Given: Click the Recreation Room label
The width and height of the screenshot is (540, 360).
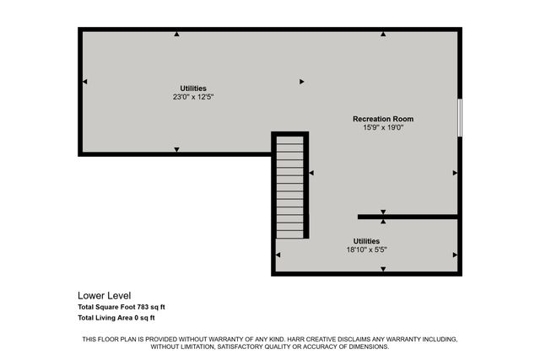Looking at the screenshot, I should [x=382, y=119].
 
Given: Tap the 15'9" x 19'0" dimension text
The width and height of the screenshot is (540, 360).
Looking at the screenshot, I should [x=382, y=128].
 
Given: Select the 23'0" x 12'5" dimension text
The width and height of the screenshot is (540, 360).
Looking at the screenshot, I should [x=192, y=97].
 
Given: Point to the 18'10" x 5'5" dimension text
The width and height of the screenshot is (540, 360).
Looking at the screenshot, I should [x=366, y=250].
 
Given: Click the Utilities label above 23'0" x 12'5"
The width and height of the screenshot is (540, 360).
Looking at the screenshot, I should [x=192, y=88].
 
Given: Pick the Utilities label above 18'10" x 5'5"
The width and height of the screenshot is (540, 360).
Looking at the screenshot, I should [x=366, y=240].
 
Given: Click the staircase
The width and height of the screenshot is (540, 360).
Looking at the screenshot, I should [x=289, y=187].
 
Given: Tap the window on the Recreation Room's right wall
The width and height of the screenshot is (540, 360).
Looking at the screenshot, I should [x=460, y=117].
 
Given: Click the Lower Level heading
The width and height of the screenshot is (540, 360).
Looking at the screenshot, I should [x=104, y=295].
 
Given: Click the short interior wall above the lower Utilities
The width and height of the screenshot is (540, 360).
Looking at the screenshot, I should [x=408, y=217].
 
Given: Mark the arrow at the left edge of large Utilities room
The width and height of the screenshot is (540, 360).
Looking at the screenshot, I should [x=84, y=82].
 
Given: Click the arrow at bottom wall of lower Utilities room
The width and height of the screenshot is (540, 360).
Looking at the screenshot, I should [x=383, y=270].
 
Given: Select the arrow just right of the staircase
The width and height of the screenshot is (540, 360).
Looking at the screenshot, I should [x=310, y=173].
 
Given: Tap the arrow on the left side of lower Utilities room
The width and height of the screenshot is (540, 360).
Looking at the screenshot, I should [x=278, y=255].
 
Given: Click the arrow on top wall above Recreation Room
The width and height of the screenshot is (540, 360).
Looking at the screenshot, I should [x=383, y=35].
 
